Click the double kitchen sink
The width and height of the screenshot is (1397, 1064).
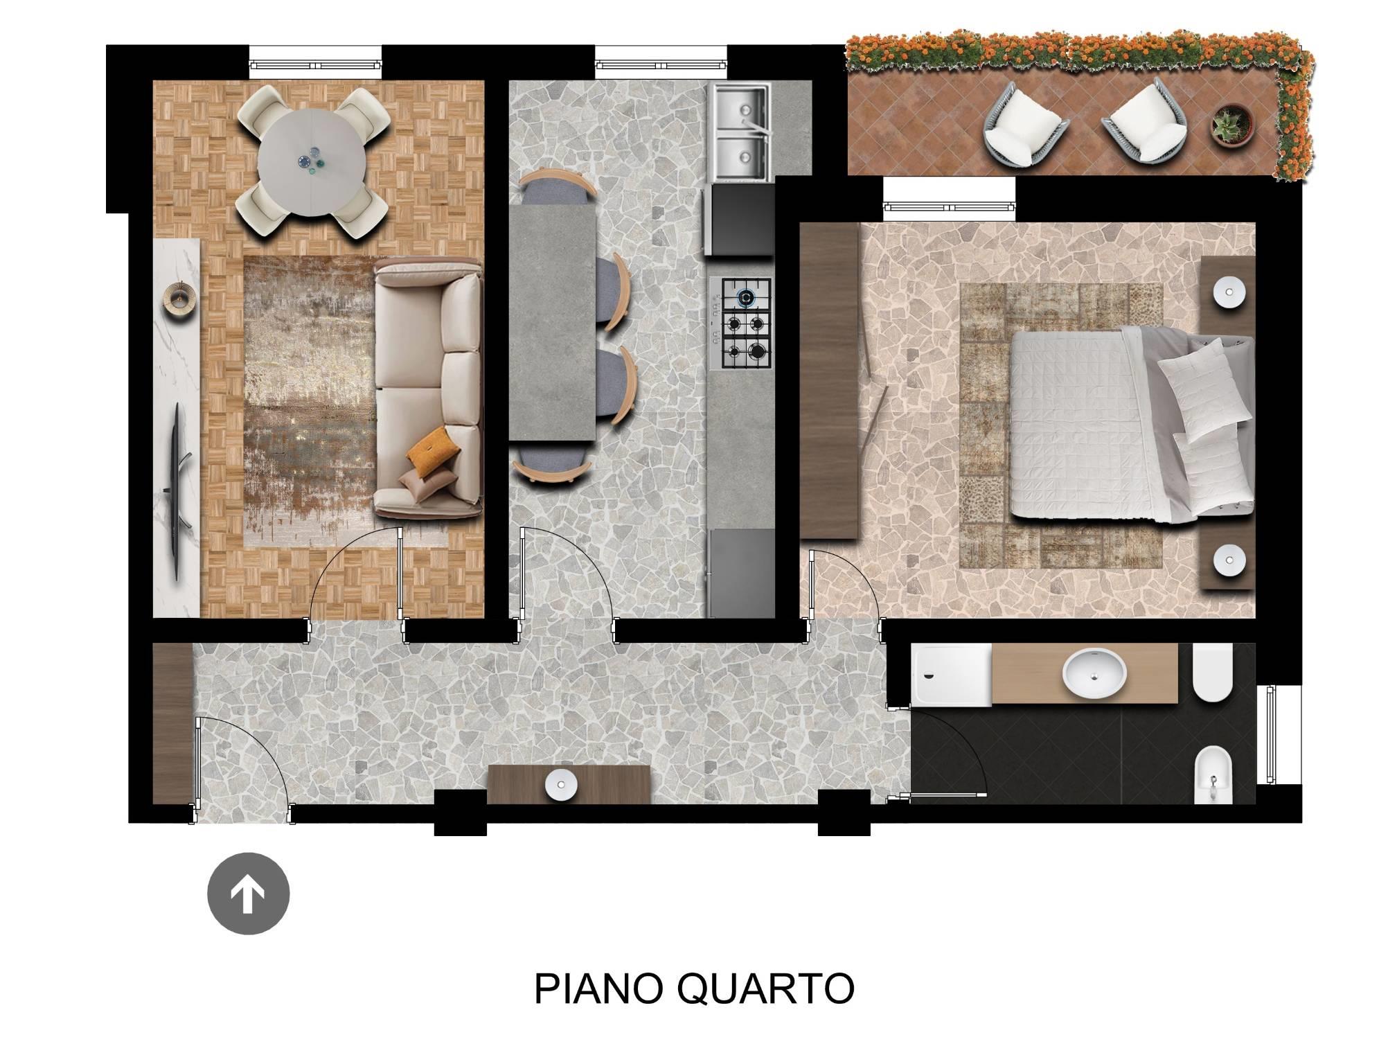(740, 132)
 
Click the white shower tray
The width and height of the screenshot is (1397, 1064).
(952, 675)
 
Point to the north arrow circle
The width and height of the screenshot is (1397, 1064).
(248, 894)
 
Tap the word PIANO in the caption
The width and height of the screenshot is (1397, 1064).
(598, 988)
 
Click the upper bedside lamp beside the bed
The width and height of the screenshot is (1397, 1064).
(1229, 292)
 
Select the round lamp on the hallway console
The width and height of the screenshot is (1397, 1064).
(562, 785)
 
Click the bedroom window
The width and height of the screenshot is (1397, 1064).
(950, 206)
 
